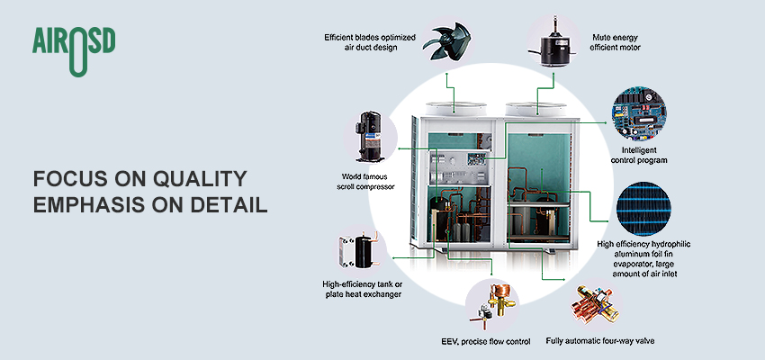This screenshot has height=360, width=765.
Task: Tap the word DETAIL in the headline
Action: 224,204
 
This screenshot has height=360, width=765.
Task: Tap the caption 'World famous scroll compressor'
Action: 370,182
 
